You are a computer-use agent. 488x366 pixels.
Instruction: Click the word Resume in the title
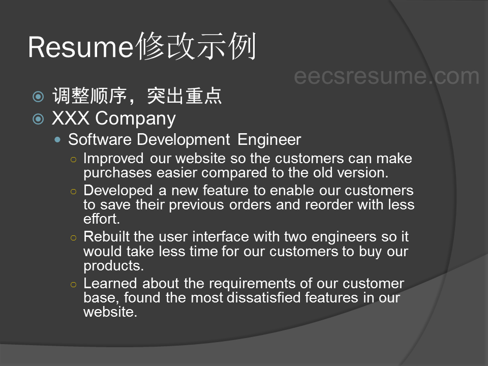81,47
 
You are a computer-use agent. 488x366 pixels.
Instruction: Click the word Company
135,119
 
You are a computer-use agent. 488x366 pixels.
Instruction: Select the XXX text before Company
71,118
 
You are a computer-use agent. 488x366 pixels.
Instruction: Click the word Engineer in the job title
269,140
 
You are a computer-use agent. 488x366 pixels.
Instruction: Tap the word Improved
113,159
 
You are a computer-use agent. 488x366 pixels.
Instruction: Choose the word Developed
118,191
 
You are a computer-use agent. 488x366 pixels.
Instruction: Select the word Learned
110,283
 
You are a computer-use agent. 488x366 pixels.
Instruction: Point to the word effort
102,219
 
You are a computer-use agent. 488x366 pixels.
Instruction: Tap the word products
113,266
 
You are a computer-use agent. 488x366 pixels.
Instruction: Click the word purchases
117,173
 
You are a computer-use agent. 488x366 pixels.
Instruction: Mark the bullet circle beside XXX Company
38,118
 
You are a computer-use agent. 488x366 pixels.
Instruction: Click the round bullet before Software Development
57,140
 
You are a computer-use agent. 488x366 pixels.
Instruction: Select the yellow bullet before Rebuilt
73,238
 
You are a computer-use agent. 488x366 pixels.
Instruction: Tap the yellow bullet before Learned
73,285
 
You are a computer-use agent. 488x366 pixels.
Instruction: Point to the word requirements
252,284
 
